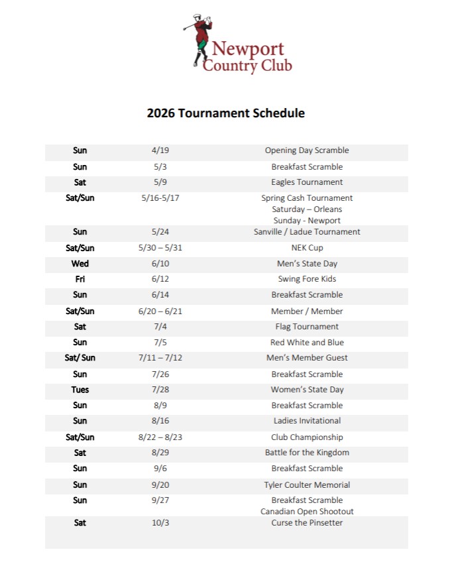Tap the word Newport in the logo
coord(248,49)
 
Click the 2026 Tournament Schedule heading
coord(226,113)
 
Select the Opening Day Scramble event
coord(307,150)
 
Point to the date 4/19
coord(160,150)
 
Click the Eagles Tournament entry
coord(307,182)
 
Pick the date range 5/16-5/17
coord(160,198)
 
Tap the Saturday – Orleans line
coord(307,209)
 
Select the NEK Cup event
coord(307,248)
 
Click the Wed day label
coord(80,264)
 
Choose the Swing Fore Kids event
coord(307,279)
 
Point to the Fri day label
coord(80,279)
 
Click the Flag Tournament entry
coord(307,327)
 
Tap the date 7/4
coord(160,327)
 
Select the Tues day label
coord(80,390)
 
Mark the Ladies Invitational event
coord(307,421)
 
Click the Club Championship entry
coord(307,437)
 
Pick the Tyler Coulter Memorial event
coord(307,485)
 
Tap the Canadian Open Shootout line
coord(307,512)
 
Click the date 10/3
coord(160,523)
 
